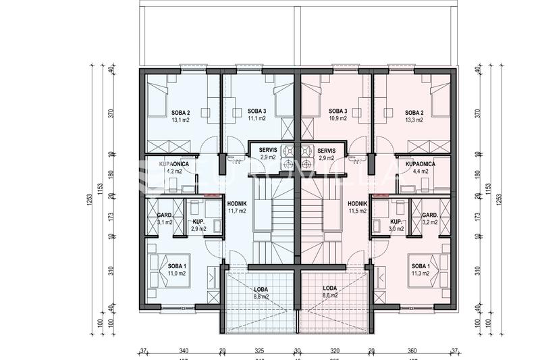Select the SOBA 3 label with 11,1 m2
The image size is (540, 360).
pos(256,115)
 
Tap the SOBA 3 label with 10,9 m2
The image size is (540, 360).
pos(337,115)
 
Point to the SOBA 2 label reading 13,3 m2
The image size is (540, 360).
pos(414,115)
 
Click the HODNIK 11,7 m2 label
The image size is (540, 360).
pos(236,207)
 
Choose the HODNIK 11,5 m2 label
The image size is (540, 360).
pos(357,207)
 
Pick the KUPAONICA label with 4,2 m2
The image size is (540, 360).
pos(173,168)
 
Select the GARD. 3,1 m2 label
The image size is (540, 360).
pos(165,218)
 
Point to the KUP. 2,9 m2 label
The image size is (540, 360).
pos(198,225)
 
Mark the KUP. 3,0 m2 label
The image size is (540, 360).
pos(396,225)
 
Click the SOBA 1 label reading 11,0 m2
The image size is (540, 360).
pos(178,270)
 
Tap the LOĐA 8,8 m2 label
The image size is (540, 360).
pos(261,292)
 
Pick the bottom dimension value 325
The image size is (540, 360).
pos(259,352)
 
